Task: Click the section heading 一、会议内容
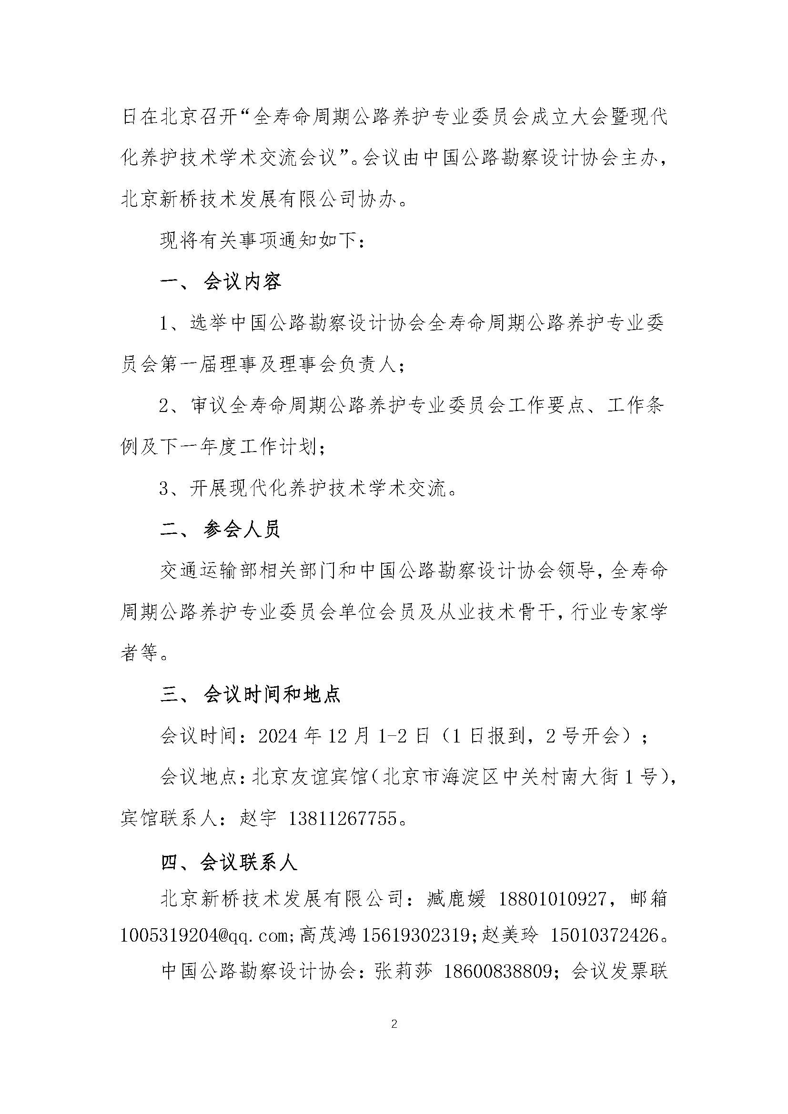click(x=221, y=282)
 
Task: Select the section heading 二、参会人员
click(x=221, y=530)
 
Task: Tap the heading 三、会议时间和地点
click(x=251, y=695)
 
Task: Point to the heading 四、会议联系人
click(x=229, y=862)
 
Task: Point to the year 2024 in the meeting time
click(x=278, y=736)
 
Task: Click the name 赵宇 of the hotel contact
click(x=258, y=820)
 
